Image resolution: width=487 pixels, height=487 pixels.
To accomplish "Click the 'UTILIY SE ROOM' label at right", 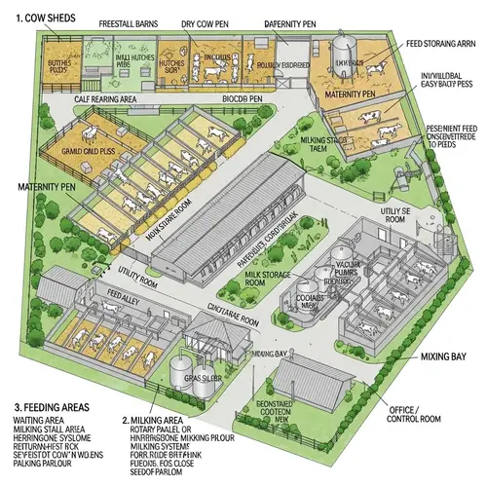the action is [x=395, y=216].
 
